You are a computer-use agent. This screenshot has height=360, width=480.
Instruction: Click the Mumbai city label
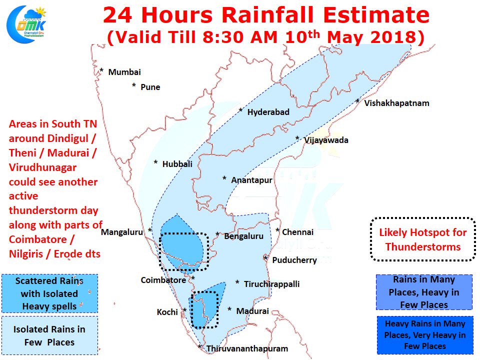click(124, 72)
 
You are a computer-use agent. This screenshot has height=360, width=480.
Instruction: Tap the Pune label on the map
click(150, 87)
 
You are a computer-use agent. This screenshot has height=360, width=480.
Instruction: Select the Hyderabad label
click(268, 112)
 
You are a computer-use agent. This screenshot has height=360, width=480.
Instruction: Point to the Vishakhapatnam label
click(396, 103)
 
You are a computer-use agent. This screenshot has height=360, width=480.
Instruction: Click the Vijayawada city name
click(326, 140)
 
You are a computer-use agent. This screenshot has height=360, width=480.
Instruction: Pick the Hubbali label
click(177, 164)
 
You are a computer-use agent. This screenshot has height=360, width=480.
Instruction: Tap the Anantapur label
click(251, 180)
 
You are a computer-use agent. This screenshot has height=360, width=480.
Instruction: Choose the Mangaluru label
click(122, 232)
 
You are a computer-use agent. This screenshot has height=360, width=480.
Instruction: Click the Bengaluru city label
click(243, 236)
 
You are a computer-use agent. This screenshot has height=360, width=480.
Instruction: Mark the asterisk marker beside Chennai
click(277, 230)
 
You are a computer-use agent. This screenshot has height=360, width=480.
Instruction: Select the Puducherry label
click(294, 260)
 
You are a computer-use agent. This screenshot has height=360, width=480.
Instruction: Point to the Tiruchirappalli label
click(271, 284)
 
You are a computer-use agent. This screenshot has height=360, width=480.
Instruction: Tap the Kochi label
click(167, 312)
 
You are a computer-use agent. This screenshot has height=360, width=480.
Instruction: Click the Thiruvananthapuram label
click(247, 348)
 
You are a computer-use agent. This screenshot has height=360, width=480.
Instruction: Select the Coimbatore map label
click(163, 280)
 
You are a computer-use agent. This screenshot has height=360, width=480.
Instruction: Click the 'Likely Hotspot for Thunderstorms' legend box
click(423, 239)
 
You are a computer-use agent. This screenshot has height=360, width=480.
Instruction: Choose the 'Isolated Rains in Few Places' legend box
click(49, 335)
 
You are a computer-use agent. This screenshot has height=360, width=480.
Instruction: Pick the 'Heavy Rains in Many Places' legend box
click(425, 335)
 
